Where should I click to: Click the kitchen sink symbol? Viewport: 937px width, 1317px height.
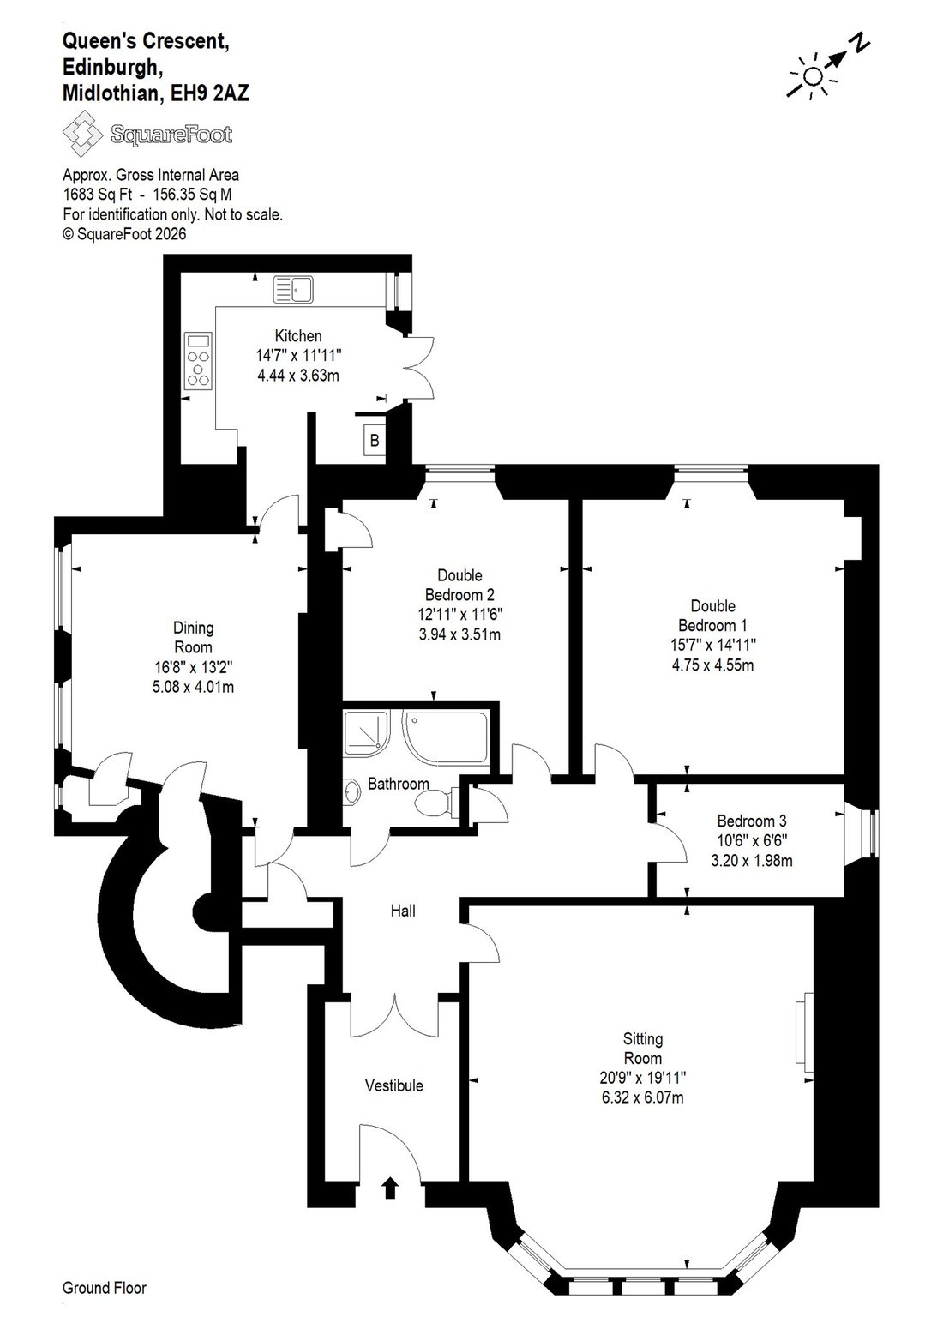293,291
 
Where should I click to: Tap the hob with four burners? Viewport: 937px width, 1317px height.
198,361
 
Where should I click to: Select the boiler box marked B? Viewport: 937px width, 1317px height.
375,440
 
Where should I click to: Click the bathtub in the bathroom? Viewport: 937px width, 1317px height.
446,738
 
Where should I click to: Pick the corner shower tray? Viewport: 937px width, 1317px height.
366,733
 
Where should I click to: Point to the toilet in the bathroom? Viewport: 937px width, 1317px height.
437,803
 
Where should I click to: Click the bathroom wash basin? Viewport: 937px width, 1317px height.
351,792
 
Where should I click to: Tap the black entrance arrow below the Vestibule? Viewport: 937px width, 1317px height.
390,1187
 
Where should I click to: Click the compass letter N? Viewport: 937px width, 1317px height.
862,44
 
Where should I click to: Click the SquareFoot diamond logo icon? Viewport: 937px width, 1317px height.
83,133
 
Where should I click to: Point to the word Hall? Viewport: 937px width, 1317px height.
403,911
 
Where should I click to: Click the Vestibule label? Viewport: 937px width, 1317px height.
393,1085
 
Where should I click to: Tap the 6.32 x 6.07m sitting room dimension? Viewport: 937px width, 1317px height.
642,1097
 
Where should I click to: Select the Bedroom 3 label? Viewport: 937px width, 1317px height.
751,821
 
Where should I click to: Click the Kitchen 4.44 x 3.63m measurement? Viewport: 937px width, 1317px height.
298,375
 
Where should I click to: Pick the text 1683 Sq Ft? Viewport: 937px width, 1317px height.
98,195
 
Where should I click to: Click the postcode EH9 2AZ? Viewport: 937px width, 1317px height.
209,93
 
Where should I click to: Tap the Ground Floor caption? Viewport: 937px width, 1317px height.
105,1288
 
